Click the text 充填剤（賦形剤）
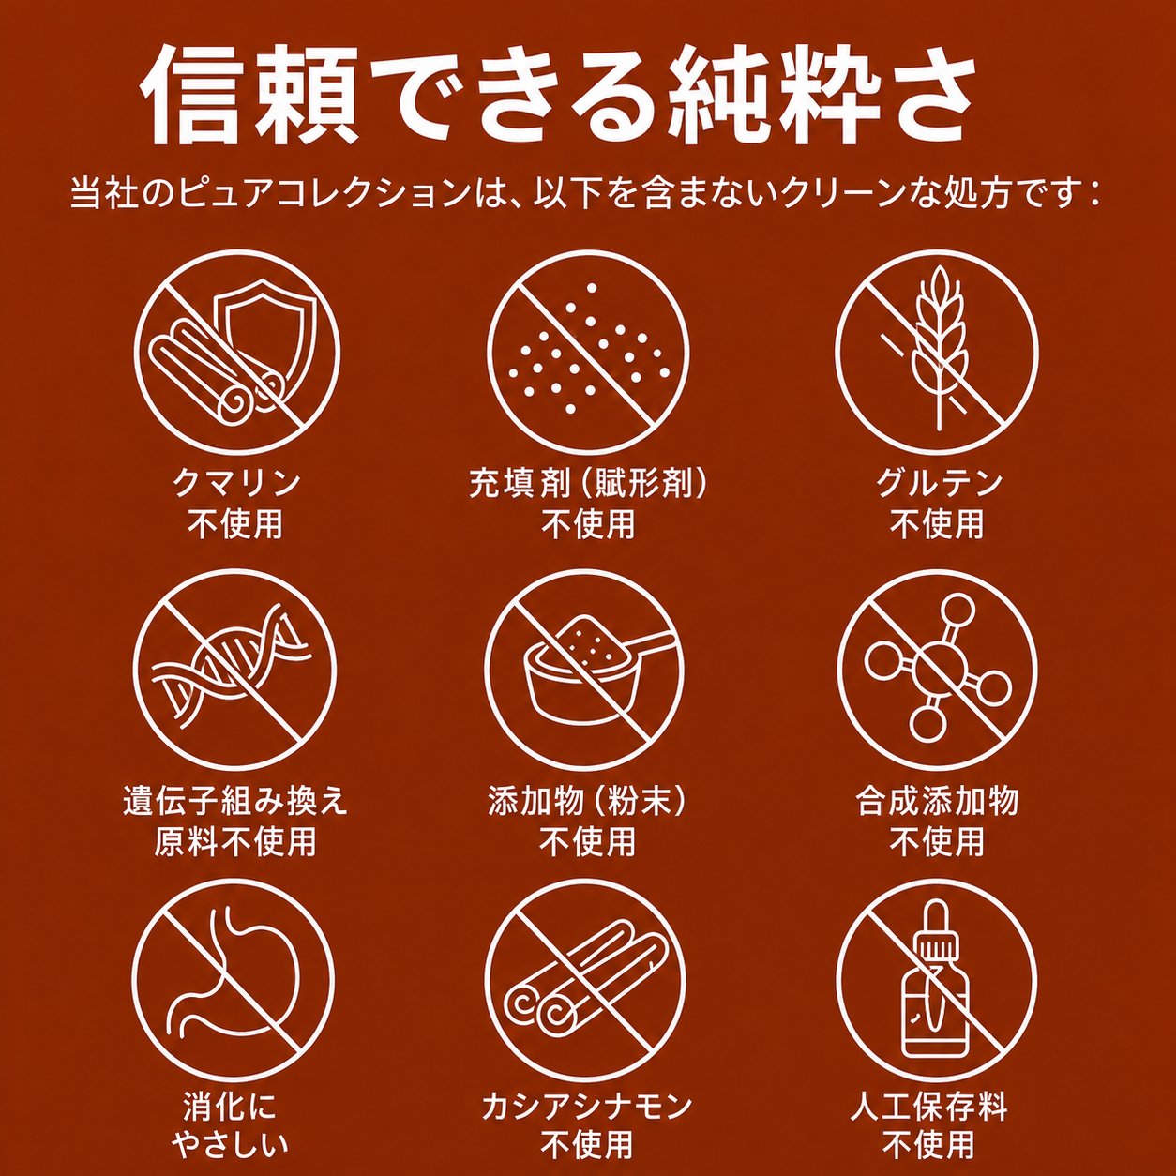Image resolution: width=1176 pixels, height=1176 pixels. pos(588,483)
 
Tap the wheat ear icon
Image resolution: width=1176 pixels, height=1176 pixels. pos(938,349)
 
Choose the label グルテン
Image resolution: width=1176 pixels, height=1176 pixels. pos(939,483)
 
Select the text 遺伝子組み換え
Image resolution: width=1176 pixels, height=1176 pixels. pos(235,800)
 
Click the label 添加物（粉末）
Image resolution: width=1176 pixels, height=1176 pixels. pos(587,800)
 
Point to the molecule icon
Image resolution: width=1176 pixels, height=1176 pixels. pos(937,668)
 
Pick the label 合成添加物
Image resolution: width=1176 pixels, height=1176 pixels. pos(938,800)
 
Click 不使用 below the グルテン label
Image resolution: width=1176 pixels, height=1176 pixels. pos(938,523)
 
